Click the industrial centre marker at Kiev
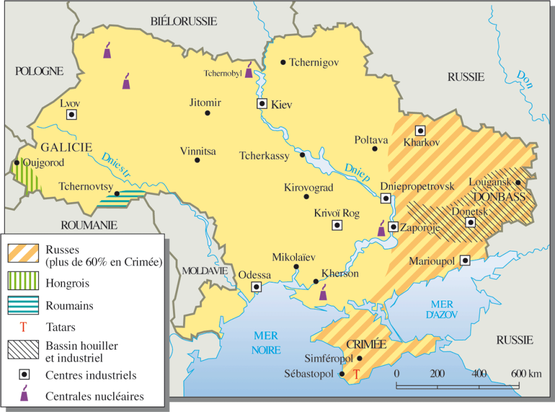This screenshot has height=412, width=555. (x=262, y=104)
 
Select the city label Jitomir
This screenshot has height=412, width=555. (x=205, y=102)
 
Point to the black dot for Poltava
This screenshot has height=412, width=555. (x=375, y=149)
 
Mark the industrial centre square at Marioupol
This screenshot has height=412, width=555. (x=465, y=260)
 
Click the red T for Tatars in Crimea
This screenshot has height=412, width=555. (x=356, y=374)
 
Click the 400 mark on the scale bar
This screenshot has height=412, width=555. (x=479, y=374)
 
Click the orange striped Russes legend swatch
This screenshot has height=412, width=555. (x=23, y=253)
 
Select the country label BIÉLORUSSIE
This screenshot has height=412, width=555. (x=184, y=21)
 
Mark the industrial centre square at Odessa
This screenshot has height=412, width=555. (x=256, y=286)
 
